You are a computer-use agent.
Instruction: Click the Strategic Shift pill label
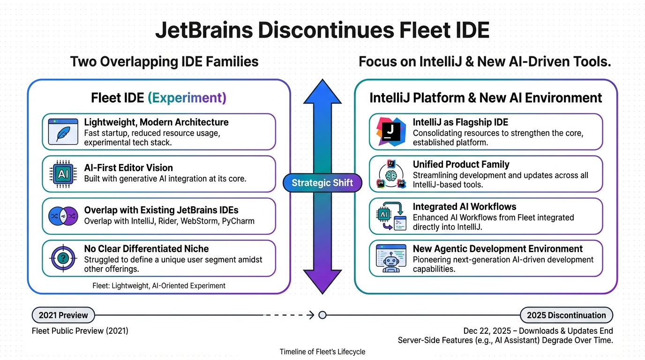tap(322, 183)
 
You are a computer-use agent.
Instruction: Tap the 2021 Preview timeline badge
tap(63, 315)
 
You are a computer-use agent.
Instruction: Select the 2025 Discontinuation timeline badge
tap(566, 315)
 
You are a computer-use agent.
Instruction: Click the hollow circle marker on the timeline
tap(322, 315)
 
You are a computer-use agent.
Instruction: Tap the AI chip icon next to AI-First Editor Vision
tap(63, 174)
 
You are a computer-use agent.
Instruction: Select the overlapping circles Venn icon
tap(63, 216)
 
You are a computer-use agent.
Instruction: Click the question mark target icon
tap(63, 258)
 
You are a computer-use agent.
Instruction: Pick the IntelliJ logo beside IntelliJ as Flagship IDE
tap(391, 132)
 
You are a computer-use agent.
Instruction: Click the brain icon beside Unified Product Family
tap(391, 174)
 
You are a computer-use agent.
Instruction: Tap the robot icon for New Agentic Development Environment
tap(391, 258)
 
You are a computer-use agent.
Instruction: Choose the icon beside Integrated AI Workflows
tap(391, 216)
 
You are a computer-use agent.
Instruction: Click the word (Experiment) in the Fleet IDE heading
tap(187, 98)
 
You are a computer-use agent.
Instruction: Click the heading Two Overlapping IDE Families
tap(164, 62)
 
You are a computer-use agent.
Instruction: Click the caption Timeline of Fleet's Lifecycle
tap(322, 352)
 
